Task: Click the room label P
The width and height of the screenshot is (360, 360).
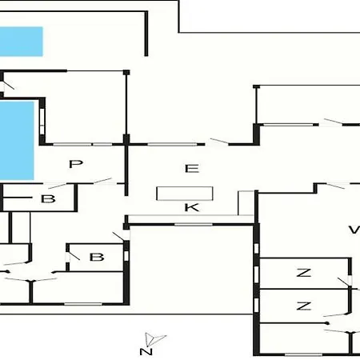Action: click(x=76, y=164)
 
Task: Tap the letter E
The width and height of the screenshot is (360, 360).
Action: click(x=192, y=169)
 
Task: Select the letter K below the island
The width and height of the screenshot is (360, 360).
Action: click(x=192, y=207)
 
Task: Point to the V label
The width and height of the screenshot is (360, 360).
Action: click(x=354, y=230)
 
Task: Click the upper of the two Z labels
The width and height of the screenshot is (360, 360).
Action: click(x=304, y=273)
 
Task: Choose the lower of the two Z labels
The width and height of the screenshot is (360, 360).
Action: click(x=304, y=306)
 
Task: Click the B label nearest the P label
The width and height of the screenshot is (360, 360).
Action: click(x=48, y=199)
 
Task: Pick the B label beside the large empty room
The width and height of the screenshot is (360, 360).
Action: click(x=97, y=258)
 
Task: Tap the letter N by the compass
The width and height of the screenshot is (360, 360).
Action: click(x=146, y=351)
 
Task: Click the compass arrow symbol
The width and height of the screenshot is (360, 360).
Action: click(x=154, y=339)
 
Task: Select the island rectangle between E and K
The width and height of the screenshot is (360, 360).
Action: click(x=185, y=194)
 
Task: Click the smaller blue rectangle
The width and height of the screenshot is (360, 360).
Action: click(x=22, y=42)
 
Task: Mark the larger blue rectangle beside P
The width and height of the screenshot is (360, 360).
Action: click(x=17, y=141)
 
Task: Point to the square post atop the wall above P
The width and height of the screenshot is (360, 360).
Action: click(x=126, y=73)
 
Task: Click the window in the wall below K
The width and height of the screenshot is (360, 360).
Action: click(x=194, y=225)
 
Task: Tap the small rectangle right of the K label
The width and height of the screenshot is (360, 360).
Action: click(x=246, y=203)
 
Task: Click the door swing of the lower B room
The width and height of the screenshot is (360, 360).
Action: click(x=74, y=255)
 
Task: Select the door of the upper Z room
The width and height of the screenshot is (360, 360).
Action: click(x=344, y=282)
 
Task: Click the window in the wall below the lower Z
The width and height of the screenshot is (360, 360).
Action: click(x=303, y=354)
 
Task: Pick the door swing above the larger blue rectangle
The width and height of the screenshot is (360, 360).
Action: click(x=8, y=85)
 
